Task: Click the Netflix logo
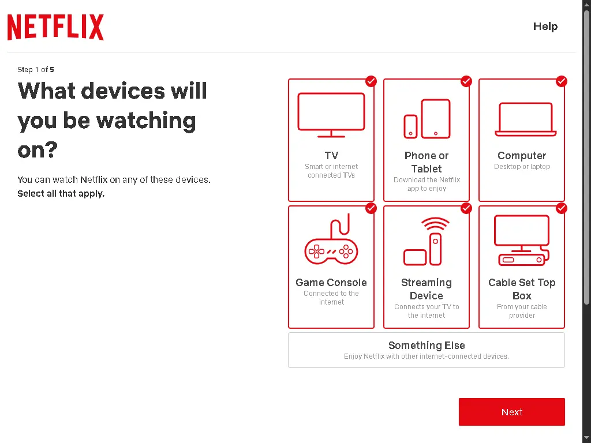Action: tap(55, 27)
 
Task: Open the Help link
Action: tap(545, 27)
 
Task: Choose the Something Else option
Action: tap(427, 350)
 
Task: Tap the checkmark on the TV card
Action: tap(371, 81)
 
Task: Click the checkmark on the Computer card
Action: tap(561, 81)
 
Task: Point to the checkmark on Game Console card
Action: tap(371, 208)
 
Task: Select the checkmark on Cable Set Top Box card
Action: tap(561, 208)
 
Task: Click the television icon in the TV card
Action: tap(331, 115)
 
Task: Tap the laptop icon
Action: tap(525, 119)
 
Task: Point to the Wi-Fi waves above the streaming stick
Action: tap(435, 224)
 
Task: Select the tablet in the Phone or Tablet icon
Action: tap(436, 119)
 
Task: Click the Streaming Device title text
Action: tap(427, 289)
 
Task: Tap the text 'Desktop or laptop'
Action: tap(522, 167)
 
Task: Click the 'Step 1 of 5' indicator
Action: tap(35, 70)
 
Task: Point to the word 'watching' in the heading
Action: tap(146, 121)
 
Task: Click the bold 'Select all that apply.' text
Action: tap(61, 194)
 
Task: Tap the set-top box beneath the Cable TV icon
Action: tap(522, 260)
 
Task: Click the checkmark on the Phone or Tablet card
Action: tap(466, 81)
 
